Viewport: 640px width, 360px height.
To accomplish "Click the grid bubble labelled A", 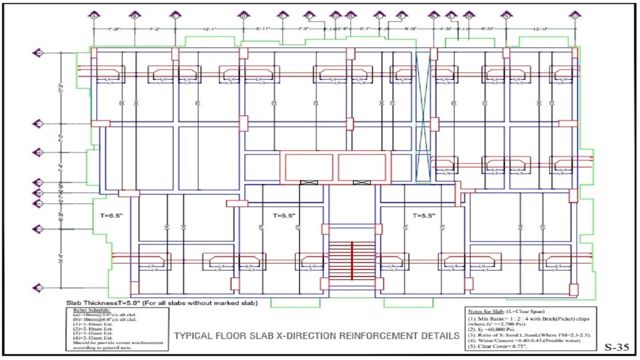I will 93,15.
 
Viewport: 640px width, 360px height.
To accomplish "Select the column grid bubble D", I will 243,15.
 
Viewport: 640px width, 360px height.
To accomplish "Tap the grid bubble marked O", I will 574,15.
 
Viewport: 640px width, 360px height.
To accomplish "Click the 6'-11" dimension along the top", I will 263,29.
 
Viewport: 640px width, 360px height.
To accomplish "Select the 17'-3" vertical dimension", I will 61,87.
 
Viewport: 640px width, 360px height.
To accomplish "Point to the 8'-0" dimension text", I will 410,29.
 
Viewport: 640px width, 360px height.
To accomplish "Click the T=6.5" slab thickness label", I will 111,215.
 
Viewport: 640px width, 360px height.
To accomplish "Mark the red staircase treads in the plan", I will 352,260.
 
